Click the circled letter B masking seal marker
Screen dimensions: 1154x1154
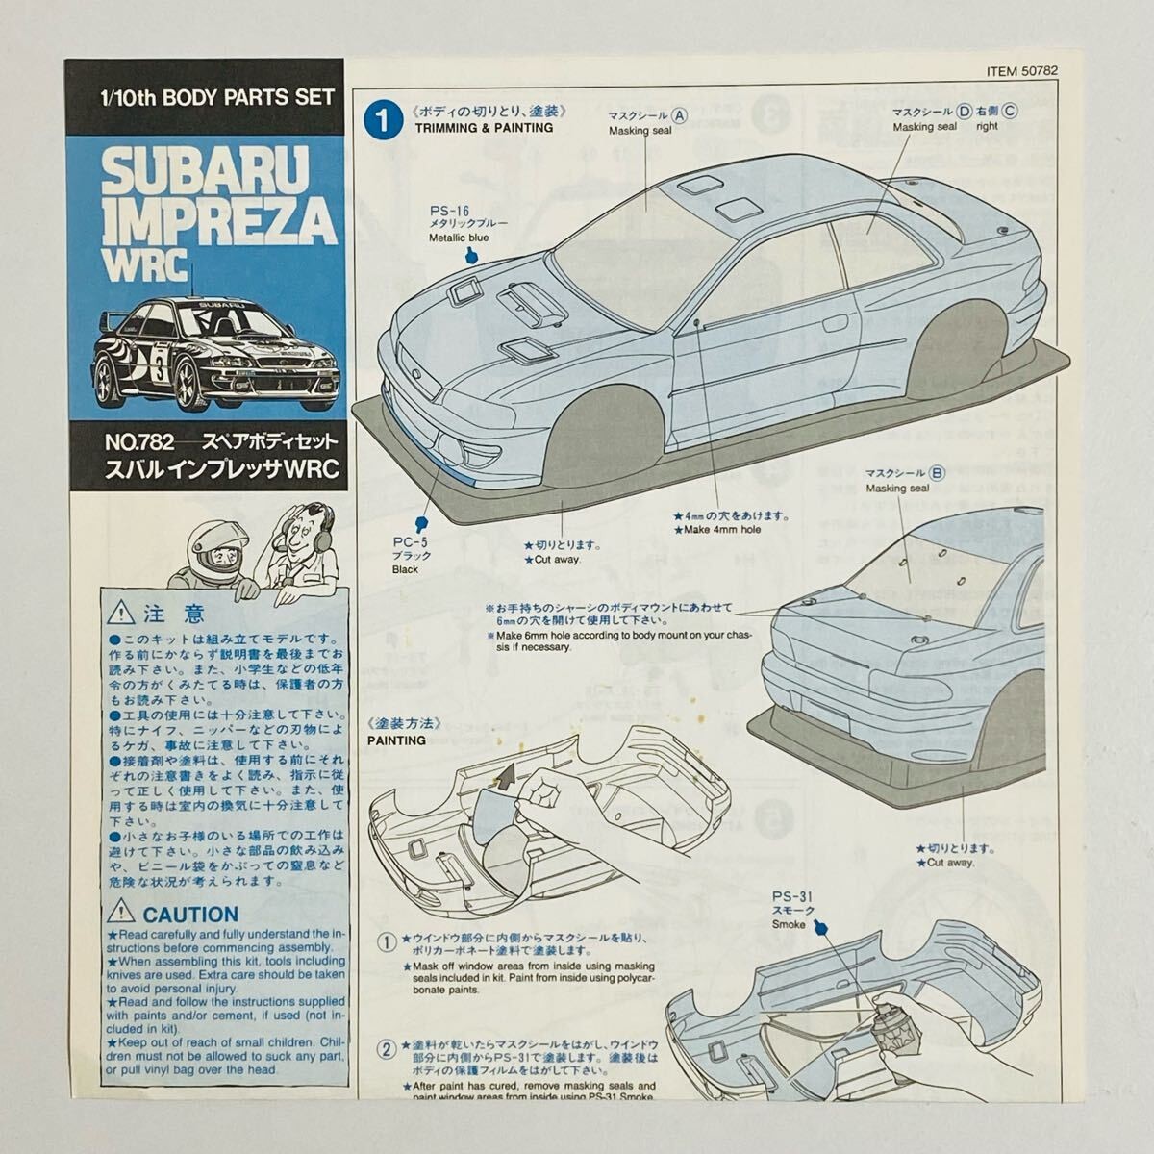[938, 472]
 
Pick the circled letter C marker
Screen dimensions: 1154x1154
[1009, 111]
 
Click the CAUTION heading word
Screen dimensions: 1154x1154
[189, 914]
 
